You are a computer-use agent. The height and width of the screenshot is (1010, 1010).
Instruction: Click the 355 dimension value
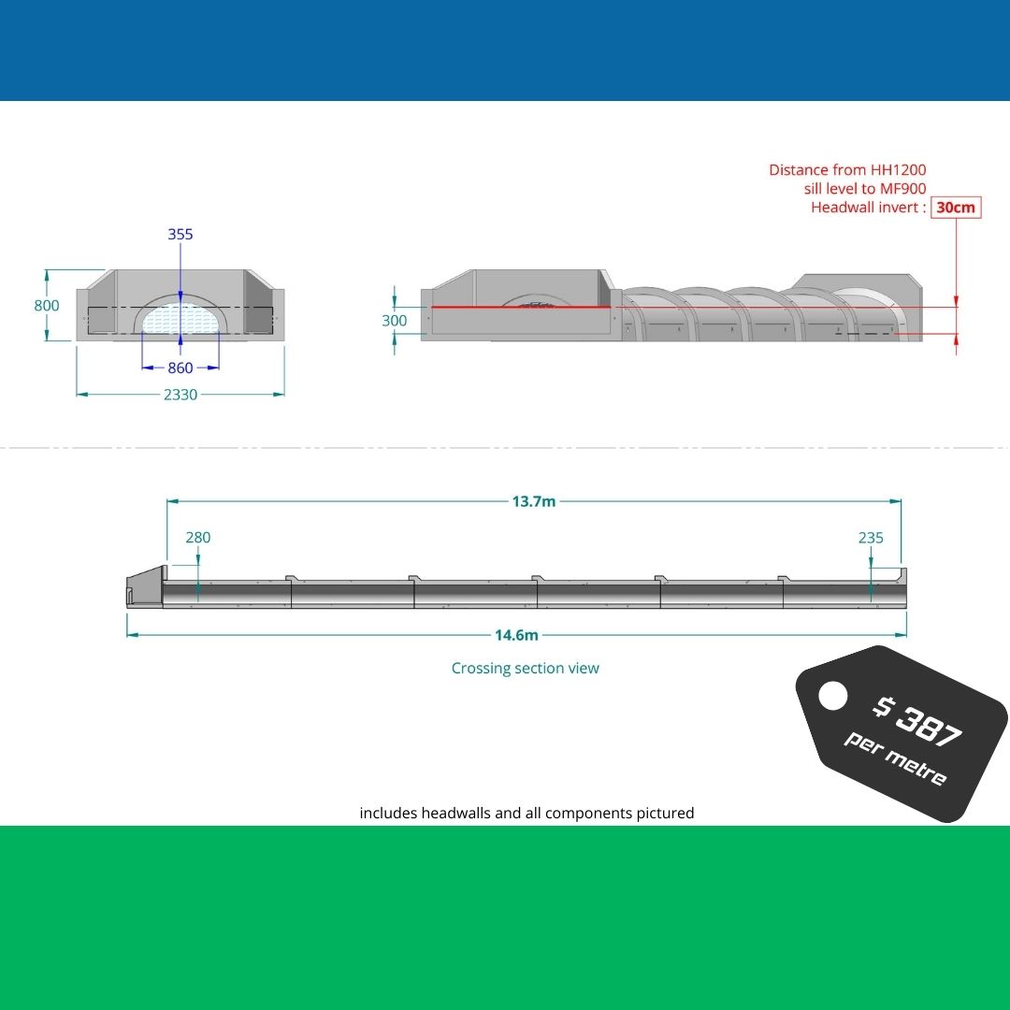180,234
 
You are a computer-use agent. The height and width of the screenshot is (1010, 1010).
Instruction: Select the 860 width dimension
180,368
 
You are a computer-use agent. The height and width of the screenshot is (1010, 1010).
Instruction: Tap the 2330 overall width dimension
180,395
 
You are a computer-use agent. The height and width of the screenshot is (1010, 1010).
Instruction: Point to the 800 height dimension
47,306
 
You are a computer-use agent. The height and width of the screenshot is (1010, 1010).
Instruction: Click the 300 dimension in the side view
395,321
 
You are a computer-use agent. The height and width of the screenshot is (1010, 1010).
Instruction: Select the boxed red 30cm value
956,208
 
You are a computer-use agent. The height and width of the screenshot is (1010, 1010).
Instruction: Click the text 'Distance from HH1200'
847,170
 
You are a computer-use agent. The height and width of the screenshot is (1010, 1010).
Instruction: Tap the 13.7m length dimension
533,501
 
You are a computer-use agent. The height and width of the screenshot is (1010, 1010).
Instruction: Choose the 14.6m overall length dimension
516,635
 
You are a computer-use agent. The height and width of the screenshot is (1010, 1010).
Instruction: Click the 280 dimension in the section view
198,538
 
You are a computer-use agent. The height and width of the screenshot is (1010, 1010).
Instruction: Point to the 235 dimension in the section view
871,538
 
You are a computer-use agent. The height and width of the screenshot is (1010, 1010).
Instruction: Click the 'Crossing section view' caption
525,668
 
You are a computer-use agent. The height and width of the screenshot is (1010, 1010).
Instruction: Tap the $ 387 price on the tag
917,721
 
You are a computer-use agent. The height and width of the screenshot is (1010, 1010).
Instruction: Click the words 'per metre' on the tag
896,758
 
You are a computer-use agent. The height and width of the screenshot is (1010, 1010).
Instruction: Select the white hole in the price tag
832,695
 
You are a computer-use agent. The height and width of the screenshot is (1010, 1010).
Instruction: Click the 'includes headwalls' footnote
527,814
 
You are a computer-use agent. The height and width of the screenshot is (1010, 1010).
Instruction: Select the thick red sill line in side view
520,307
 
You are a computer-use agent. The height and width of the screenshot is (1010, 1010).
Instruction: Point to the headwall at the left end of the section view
145,587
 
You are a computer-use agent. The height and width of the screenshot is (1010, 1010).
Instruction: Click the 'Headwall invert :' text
868,208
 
